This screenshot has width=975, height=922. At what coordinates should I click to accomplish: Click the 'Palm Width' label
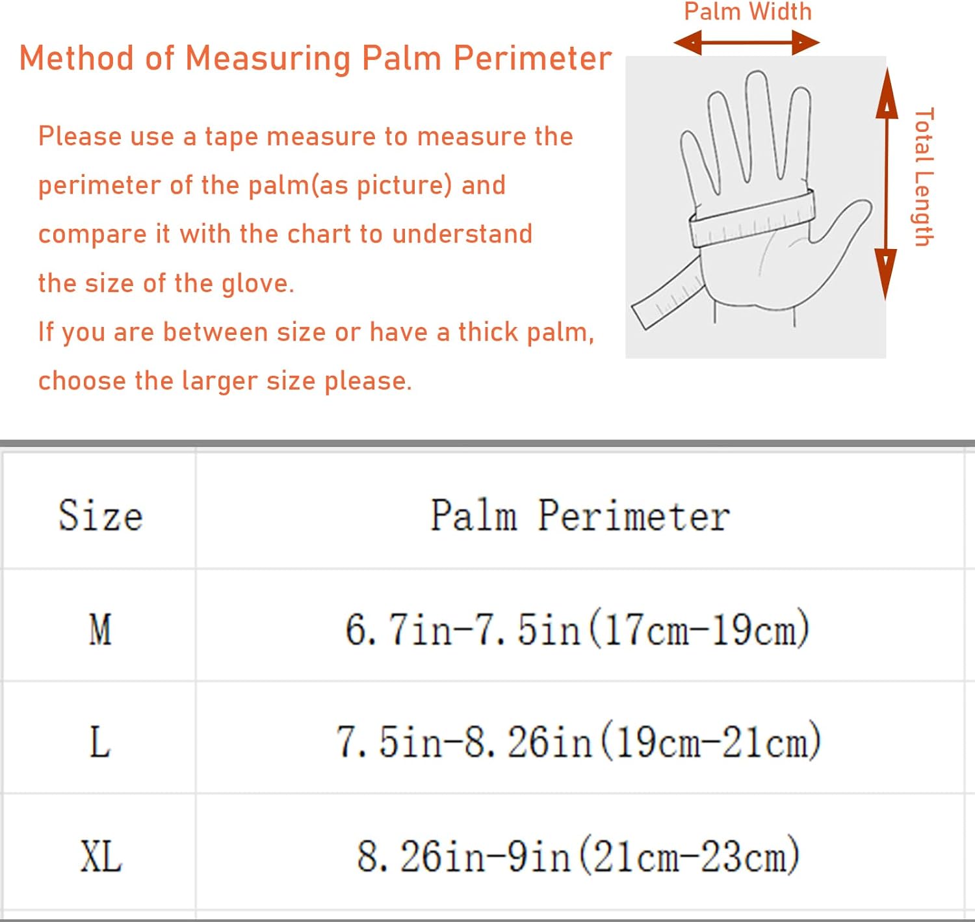tap(748, 12)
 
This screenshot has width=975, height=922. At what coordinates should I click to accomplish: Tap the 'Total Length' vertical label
tap(924, 177)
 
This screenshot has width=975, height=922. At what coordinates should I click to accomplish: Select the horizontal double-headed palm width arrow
tap(746, 42)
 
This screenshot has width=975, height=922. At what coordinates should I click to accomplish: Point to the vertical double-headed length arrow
tap(886, 183)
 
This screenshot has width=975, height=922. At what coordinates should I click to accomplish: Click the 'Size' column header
tap(101, 516)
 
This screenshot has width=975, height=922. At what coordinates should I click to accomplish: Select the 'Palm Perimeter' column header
tap(580, 516)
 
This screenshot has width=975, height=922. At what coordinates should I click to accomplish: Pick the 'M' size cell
tap(100, 629)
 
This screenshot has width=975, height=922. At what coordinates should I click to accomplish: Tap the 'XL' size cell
tap(101, 856)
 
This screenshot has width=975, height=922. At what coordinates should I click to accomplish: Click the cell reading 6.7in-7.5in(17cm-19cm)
tap(578, 629)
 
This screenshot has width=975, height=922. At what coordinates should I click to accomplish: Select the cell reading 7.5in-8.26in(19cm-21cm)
tap(578, 742)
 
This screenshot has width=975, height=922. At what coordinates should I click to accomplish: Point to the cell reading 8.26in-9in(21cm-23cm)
tap(578, 856)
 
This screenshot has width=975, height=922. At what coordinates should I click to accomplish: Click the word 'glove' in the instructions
tap(258, 284)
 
